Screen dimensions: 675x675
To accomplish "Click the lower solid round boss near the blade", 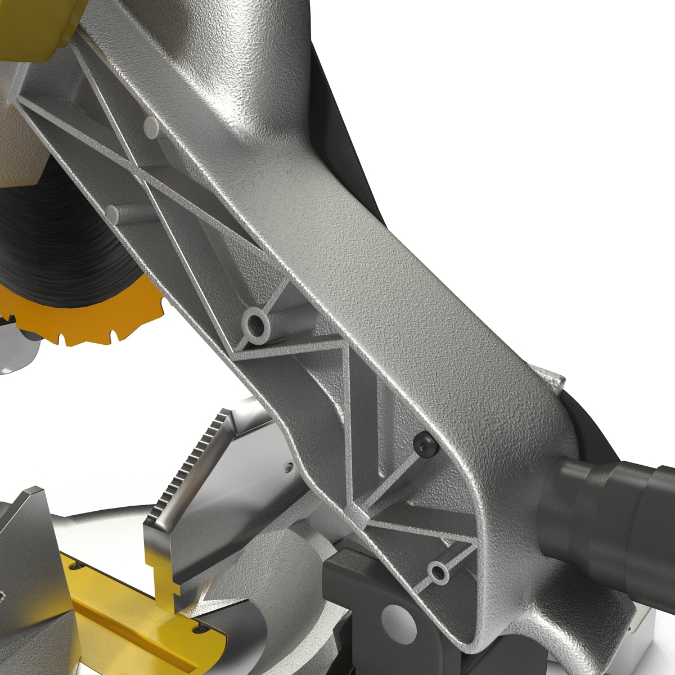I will [x=114, y=214].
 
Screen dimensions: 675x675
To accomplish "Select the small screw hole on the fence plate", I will [x=289, y=466].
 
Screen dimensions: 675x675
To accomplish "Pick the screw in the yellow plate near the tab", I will [x=197, y=630].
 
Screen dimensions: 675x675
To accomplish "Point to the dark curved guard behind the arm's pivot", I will [x=585, y=427].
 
